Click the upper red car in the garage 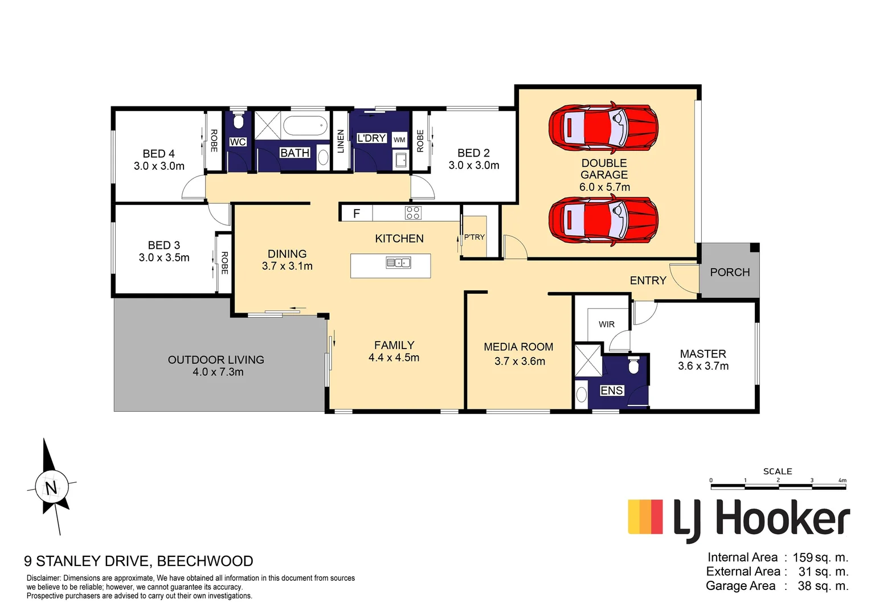pos(603,129)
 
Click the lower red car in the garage pos(603,221)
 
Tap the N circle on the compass pos(51,487)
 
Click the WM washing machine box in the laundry pos(399,140)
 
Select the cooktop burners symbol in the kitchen pos(413,213)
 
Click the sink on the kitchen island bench pos(398,263)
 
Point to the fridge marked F pos(357,214)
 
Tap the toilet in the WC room pos(238,121)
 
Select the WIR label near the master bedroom pos(606,324)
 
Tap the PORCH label pos(730,272)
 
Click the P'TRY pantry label pos(474,237)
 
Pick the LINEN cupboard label pos(341,141)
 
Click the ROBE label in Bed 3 pos(224,263)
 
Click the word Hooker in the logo pos(782,519)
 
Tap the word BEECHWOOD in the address pos(205,561)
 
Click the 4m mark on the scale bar pos(843,480)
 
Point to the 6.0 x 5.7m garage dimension pos(604,187)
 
